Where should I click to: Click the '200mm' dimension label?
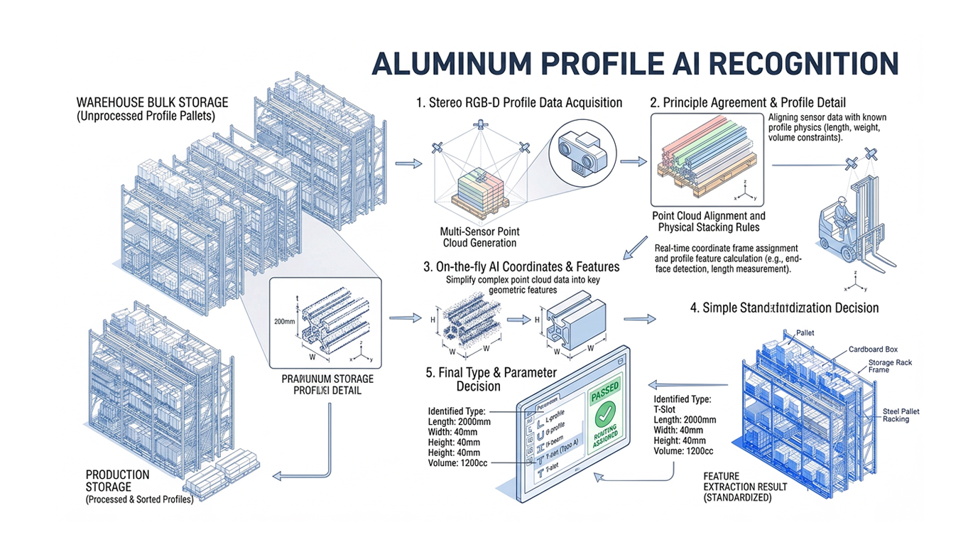pos(283,321)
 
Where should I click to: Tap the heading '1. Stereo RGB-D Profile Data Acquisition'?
pos(519,103)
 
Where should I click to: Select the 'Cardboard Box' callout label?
pos(873,350)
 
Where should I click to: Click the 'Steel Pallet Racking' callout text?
pos(900,416)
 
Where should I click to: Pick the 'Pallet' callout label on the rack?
pos(805,332)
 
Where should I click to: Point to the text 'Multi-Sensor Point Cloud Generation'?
pos(479,237)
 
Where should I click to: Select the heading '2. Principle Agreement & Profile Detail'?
pos(748,103)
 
